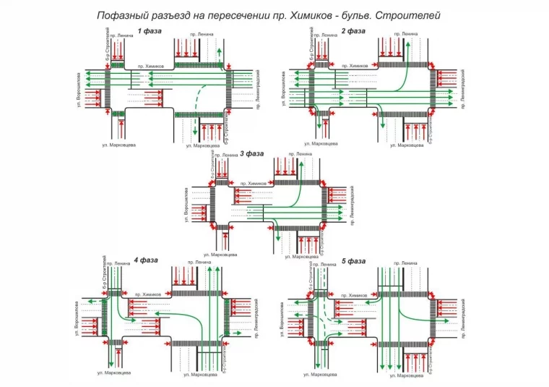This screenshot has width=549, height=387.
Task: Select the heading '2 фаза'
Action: click(x=353, y=30)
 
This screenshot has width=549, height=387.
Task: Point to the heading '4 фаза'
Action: click(x=146, y=259)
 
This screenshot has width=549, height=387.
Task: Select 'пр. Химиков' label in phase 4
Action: click(x=147, y=295)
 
